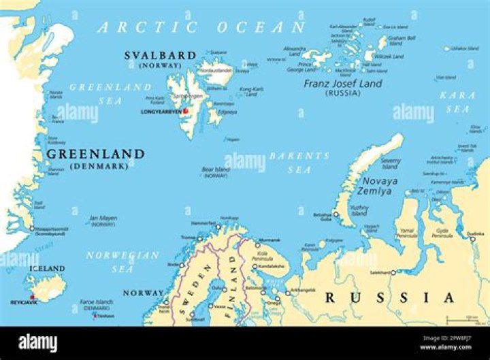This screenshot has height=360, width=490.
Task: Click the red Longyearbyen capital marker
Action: coord(185,110)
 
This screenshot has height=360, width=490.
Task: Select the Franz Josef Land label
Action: coord(342,84)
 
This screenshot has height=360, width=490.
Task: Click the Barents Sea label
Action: coord(299,162)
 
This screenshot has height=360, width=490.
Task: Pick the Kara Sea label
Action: coord(457,101)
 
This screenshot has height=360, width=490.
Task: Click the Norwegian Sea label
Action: coord(123,262)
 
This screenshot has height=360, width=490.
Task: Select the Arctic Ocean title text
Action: coord(201,27)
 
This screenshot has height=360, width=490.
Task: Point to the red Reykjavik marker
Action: coord(32,297)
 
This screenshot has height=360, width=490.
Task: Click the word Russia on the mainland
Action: coord(389,297)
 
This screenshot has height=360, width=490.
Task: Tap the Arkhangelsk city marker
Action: coord(287,292)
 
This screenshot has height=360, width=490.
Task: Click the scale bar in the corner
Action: coord(461,318)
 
